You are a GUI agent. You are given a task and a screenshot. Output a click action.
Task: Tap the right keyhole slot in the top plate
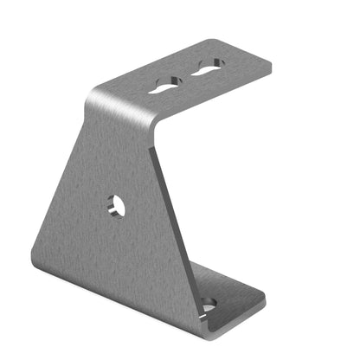(x=209, y=67)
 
